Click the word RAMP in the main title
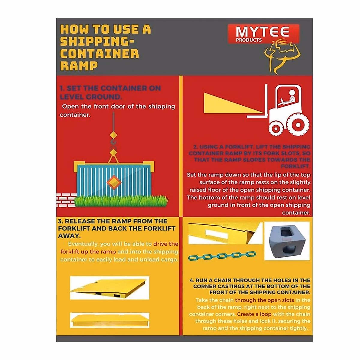79,66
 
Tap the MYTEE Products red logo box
263,34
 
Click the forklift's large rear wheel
298,124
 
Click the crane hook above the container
113,142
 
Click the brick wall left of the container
66,200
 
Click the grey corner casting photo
287,241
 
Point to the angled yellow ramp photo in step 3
109,288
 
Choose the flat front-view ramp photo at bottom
109,320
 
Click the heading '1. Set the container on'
110,88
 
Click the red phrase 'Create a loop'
254,314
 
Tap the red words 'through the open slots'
264,300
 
